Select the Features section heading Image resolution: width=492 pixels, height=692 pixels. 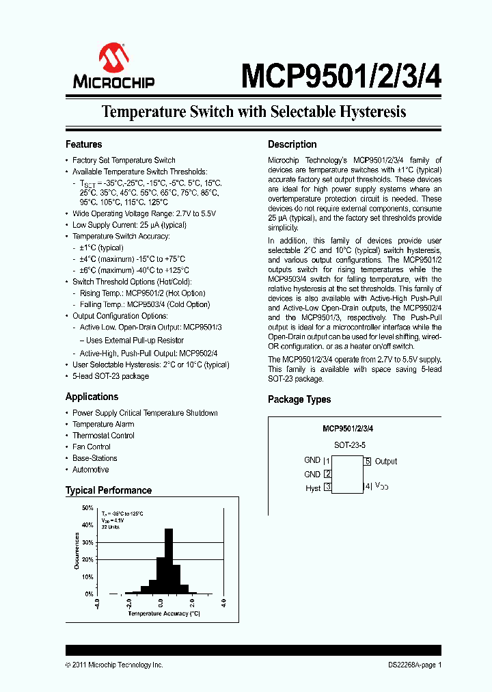click(x=84, y=144)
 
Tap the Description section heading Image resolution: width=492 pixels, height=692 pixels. click(x=292, y=144)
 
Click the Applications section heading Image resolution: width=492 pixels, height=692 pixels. click(x=92, y=397)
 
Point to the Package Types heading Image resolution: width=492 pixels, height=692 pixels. click(x=299, y=399)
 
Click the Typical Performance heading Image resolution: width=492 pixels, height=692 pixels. click(x=109, y=490)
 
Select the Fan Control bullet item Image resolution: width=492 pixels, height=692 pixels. click(x=92, y=447)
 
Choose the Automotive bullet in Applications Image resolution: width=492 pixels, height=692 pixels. click(x=91, y=470)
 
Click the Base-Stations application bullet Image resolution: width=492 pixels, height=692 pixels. click(x=95, y=458)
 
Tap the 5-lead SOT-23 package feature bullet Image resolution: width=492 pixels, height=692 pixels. click(x=111, y=376)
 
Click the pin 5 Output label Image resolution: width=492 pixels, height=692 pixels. click(x=385, y=462)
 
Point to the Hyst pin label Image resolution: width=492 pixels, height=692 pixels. click(x=313, y=488)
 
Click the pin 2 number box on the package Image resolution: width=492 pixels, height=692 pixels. click(x=328, y=475)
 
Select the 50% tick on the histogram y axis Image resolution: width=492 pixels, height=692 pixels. click(x=87, y=508)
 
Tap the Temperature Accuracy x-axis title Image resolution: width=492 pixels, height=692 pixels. click(x=164, y=613)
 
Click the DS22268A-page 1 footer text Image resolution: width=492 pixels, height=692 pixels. click(x=411, y=665)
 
